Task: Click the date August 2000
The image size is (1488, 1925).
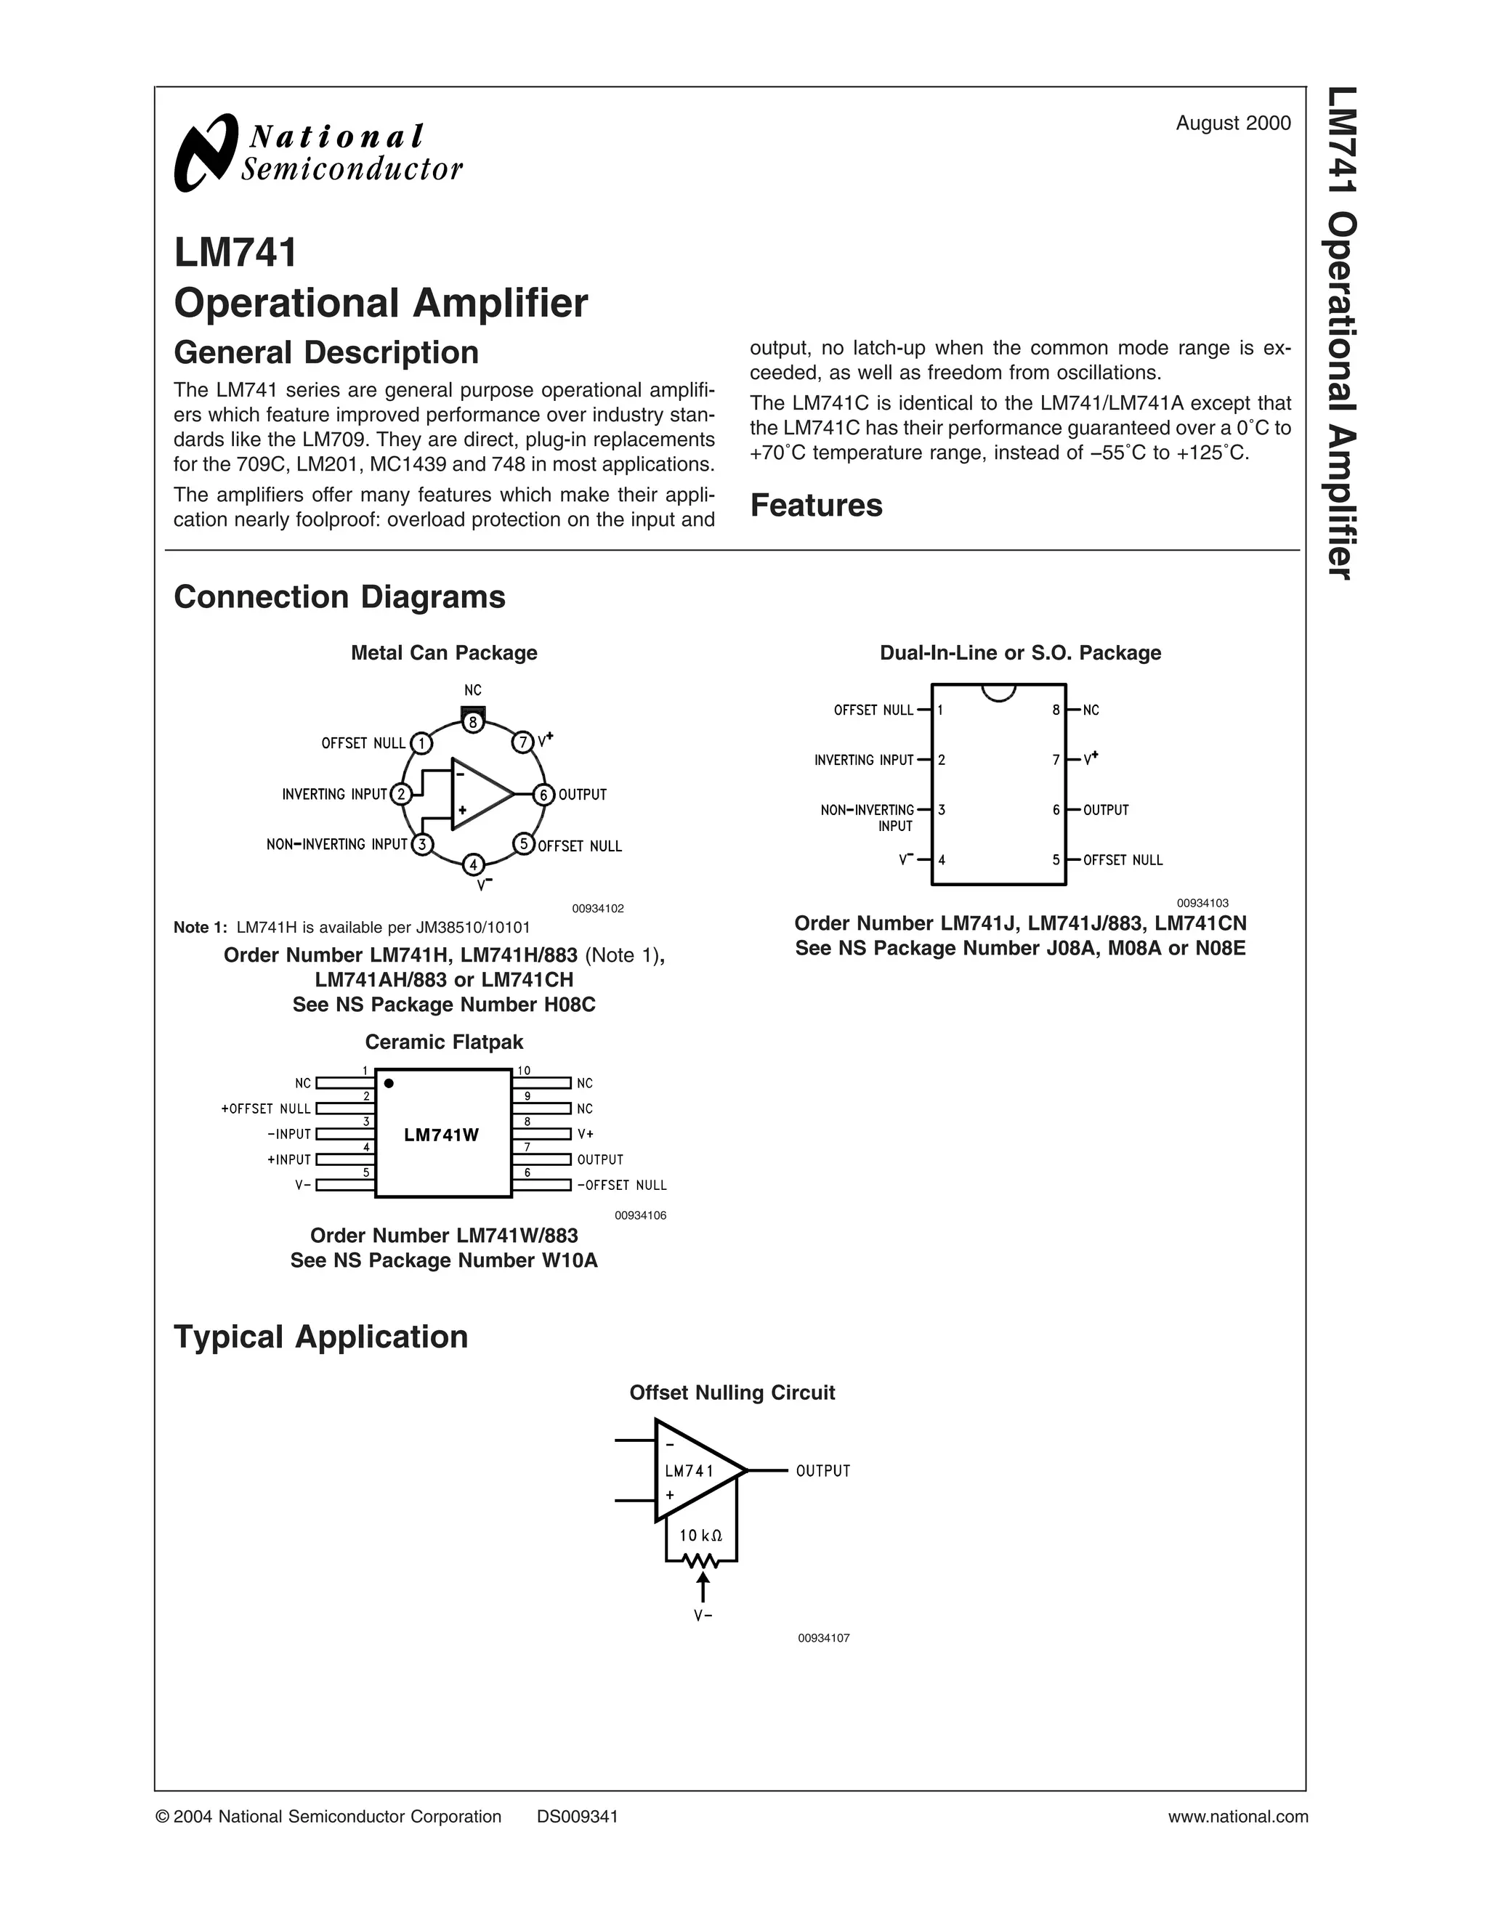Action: coord(1232,123)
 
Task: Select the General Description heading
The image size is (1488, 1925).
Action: coord(326,352)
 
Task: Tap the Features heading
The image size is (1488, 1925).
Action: coord(815,505)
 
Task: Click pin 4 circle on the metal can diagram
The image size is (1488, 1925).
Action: coord(474,864)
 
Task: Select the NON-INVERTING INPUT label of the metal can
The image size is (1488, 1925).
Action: coord(336,844)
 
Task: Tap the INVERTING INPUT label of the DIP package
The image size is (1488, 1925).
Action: coord(863,760)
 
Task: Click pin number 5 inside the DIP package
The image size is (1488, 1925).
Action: coord(1056,859)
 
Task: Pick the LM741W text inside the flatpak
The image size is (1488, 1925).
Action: coord(441,1135)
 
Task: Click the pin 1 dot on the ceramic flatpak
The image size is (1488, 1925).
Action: coord(389,1083)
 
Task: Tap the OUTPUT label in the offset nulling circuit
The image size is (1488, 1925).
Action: coord(822,1471)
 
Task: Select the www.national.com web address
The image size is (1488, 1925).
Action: coord(1237,1817)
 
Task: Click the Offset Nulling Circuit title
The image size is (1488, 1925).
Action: coord(732,1393)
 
